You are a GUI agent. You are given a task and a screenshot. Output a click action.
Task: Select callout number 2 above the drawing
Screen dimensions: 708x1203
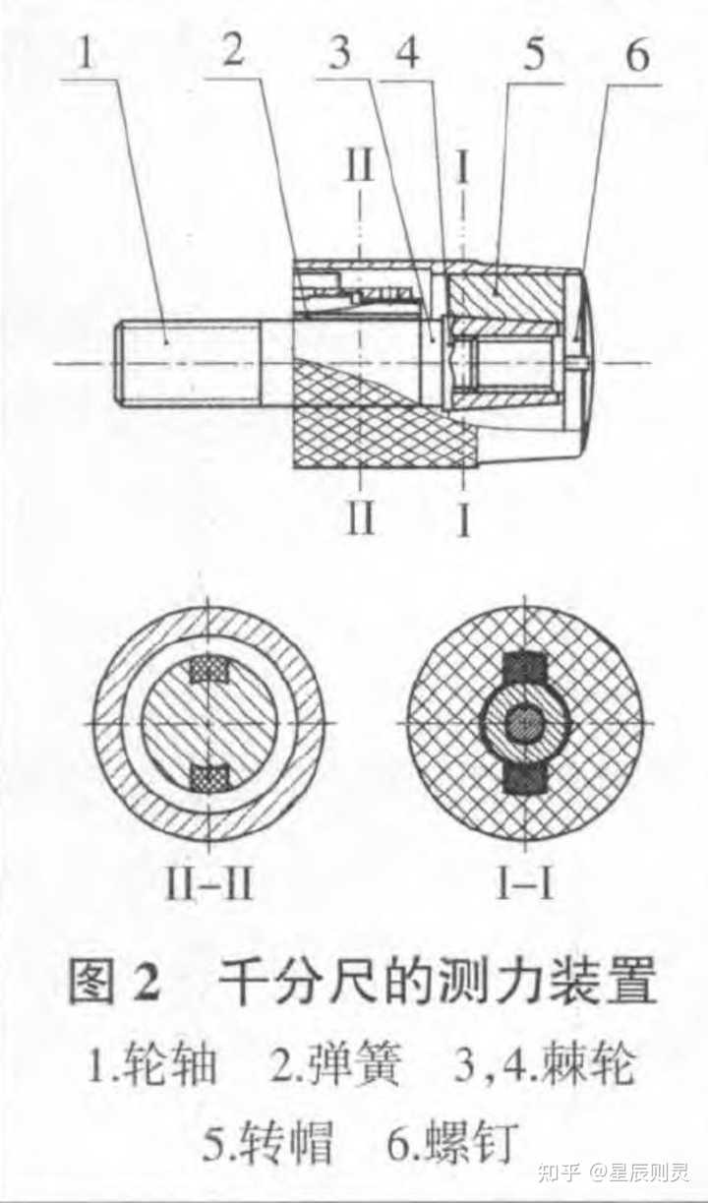point(233,52)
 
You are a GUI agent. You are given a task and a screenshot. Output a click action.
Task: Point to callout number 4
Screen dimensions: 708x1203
point(407,53)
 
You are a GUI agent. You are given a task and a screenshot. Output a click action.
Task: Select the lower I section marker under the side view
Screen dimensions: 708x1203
point(463,517)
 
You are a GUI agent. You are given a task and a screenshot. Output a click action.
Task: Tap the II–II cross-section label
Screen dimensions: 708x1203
point(209,884)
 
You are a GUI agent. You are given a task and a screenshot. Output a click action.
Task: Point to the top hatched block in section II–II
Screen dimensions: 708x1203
point(207,669)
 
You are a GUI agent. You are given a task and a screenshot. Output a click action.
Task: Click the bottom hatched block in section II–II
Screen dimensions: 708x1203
point(207,778)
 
